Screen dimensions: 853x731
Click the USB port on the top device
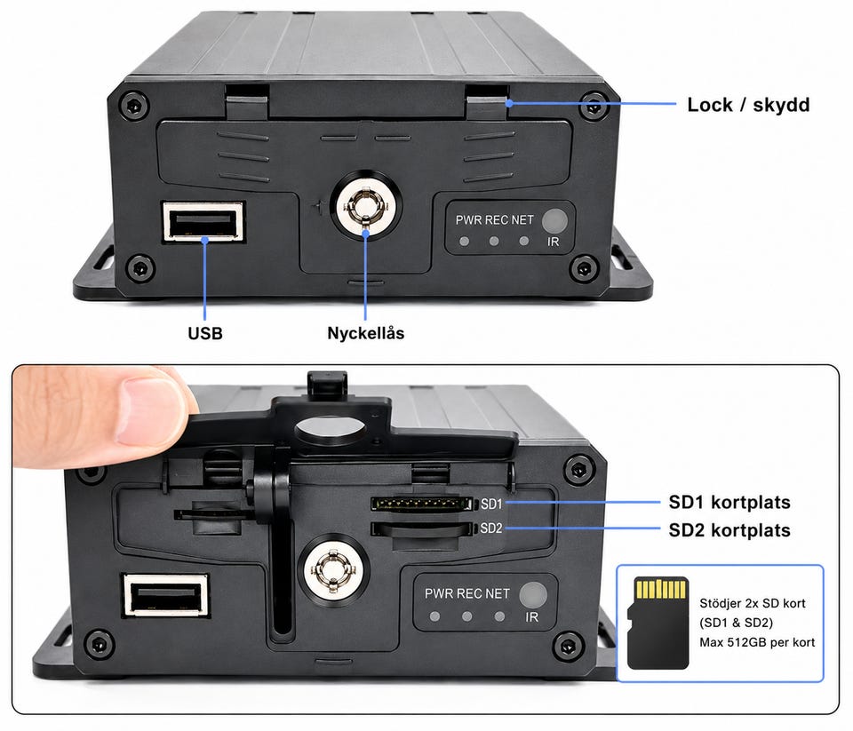pyautogui.click(x=203, y=221)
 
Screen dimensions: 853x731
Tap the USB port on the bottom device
pyautogui.click(x=166, y=595)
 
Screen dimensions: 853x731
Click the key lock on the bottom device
pyautogui.click(x=332, y=570)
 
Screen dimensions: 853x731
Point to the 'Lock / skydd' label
pyautogui.click(x=748, y=105)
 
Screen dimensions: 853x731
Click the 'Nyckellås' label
pyautogui.click(x=365, y=333)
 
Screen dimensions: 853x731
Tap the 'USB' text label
pyautogui.click(x=205, y=333)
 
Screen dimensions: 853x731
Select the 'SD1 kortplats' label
pyautogui.click(x=729, y=502)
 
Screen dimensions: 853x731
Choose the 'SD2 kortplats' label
pyautogui.click(x=729, y=529)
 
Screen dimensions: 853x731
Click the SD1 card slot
pyautogui.click(x=421, y=504)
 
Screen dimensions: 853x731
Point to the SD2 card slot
pyautogui.click(x=421, y=528)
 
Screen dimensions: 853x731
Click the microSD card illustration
pyautogui.click(x=658, y=624)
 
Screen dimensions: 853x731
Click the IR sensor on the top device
pyautogui.click(x=554, y=220)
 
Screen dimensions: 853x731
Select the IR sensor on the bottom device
pyautogui.click(x=532, y=594)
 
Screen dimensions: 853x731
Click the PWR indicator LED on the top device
pyautogui.click(x=464, y=241)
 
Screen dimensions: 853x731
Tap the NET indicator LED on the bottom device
pyautogui.click(x=499, y=616)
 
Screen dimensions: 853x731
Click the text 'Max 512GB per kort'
pyautogui.click(x=757, y=642)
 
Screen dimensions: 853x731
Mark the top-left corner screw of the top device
pyautogui.click(x=133, y=106)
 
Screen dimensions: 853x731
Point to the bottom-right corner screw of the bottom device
pyautogui.click(x=568, y=646)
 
